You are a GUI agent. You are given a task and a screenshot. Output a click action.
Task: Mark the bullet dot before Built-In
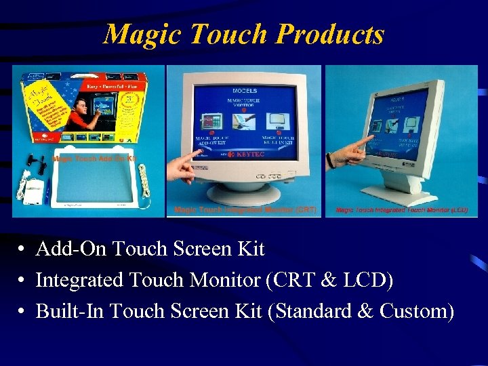pyautogui.click(x=22, y=312)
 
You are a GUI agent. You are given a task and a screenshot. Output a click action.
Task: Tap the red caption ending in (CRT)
pyautogui.click(x=245, y=209)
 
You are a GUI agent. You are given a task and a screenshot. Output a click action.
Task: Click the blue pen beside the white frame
pyautogui.click(x=48, y=188)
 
